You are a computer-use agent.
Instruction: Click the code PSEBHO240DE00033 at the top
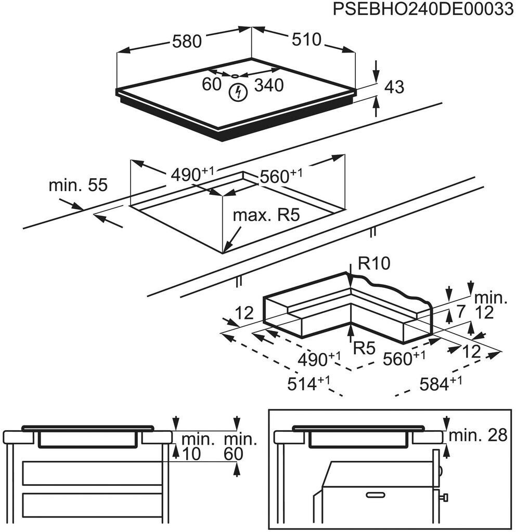(x=423, y=9)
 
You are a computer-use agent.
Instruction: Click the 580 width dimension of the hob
(x=187, y=42)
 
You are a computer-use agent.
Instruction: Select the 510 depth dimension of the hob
(x=306, y=39)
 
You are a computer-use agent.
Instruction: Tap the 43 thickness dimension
(x=394, y=87)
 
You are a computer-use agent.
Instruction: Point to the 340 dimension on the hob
(x=269, y=85)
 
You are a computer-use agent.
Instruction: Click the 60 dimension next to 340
(x=211, y=84)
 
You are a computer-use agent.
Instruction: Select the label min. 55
(x=78, y=185)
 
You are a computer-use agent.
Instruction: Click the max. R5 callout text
(x=266, y=215)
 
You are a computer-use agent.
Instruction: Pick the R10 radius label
(x=375, y=263)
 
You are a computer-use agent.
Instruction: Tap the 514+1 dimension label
(x=308, y=383)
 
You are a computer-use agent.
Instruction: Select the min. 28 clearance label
(x=478, y=435)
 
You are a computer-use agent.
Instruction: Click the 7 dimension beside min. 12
(x=460, y=312)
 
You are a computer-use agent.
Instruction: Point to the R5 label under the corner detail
(x=364, y=348)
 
